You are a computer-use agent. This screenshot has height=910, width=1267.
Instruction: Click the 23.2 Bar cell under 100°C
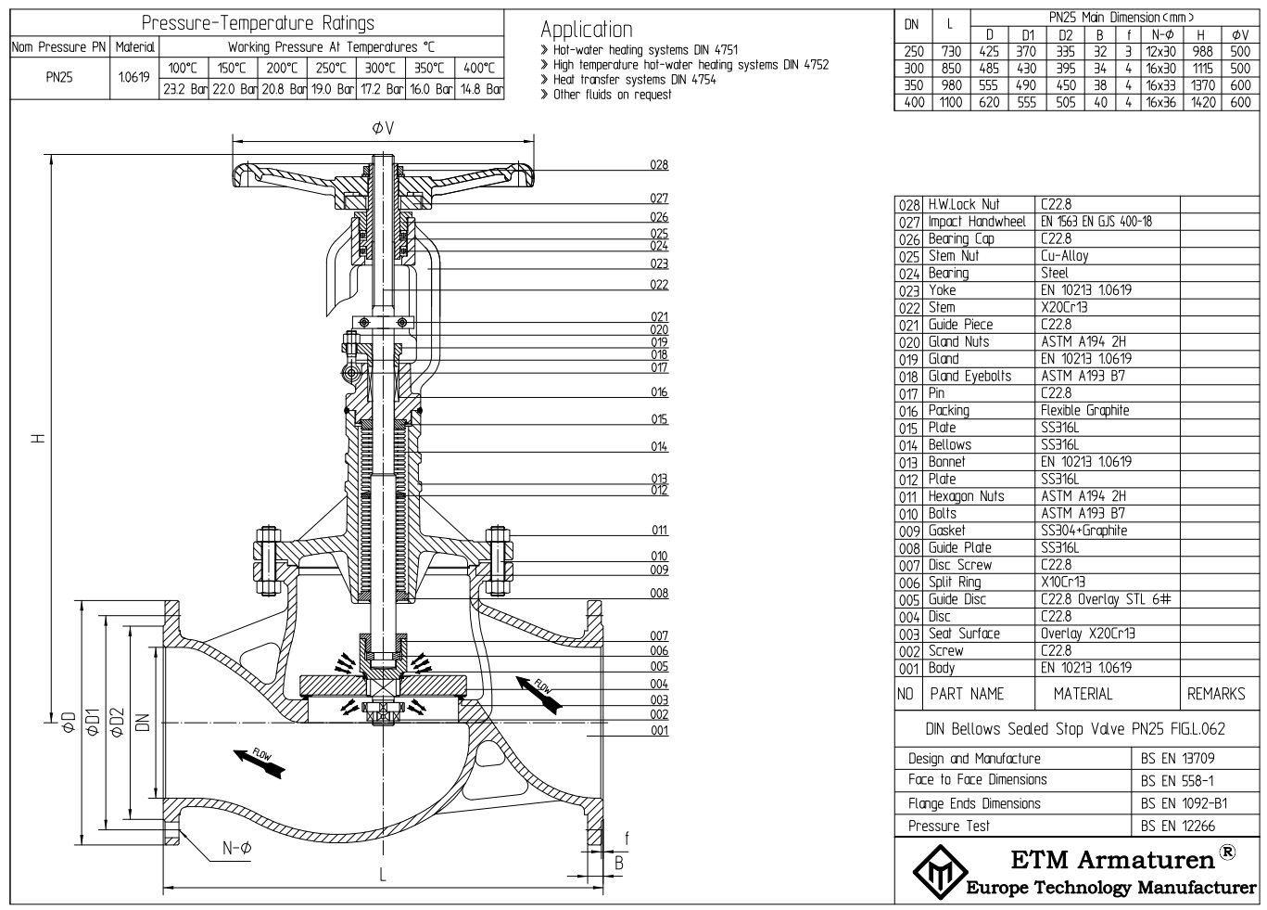pos(184,89)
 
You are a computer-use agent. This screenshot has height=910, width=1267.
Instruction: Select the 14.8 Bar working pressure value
pos(481,89)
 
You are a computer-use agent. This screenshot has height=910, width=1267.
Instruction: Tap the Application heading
pos(587,29)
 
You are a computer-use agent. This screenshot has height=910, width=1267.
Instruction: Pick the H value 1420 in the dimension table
pos(1200,103)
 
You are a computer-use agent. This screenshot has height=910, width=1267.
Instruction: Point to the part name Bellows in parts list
pos(949,444)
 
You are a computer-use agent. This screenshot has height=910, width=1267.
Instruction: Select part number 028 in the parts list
pos(908,204)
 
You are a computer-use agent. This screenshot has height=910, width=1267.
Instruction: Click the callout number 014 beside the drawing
pos(658,446)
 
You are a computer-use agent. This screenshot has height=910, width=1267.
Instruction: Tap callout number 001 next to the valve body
pos(658,730)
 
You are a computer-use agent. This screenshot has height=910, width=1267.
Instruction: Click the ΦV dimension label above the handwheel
pos(382,128)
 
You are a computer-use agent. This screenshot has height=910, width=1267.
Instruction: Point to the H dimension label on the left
pos(38,439)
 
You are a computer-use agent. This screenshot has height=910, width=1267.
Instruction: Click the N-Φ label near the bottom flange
pos(237,847)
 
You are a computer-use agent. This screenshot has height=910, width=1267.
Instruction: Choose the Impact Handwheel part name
pos(977,222)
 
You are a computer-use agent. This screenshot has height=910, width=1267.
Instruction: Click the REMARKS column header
pos(1216,693)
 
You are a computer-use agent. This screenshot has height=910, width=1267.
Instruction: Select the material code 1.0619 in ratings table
pos(134,78)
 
